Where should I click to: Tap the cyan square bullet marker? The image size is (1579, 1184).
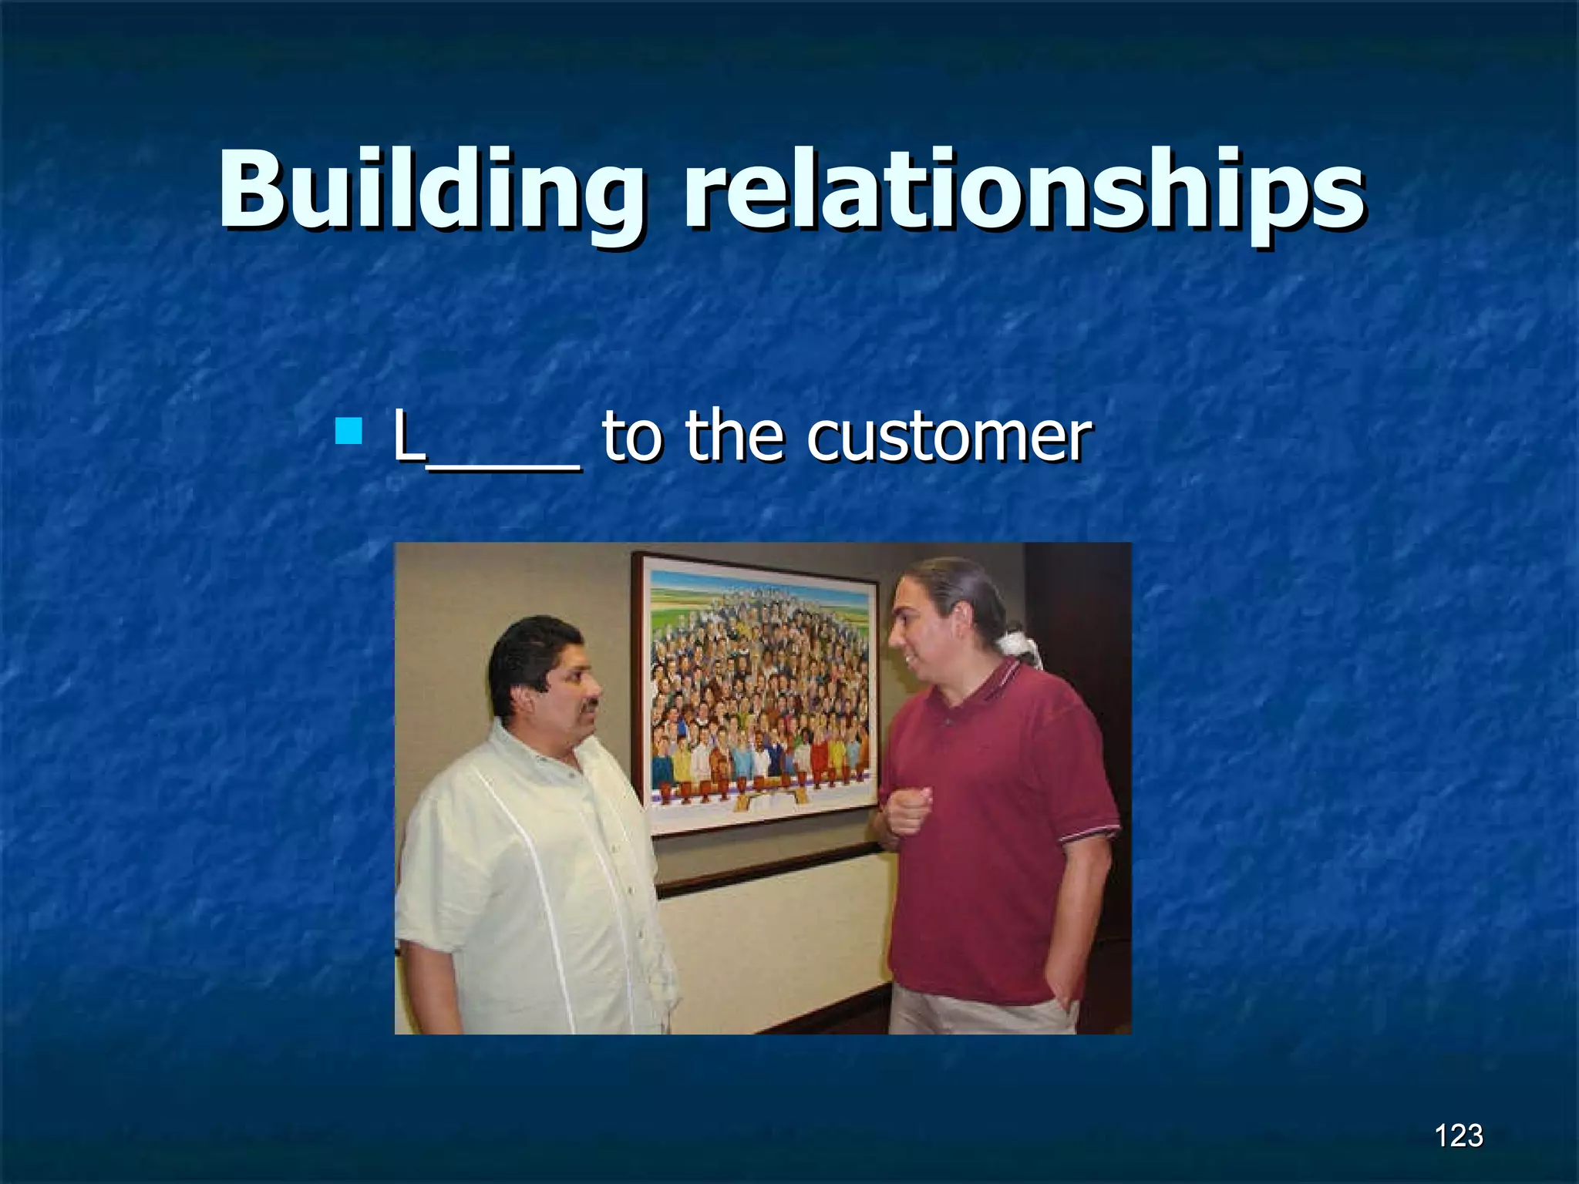pyautogui.click(x=349, y=432)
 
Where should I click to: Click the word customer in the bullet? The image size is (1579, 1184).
pyautogui.click(x=948, y=437)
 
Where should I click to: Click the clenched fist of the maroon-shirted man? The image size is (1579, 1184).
pyautogui.click(x=910, y=809)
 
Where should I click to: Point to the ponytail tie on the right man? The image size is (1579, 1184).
pyautogui.click(x=1016, y=644)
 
